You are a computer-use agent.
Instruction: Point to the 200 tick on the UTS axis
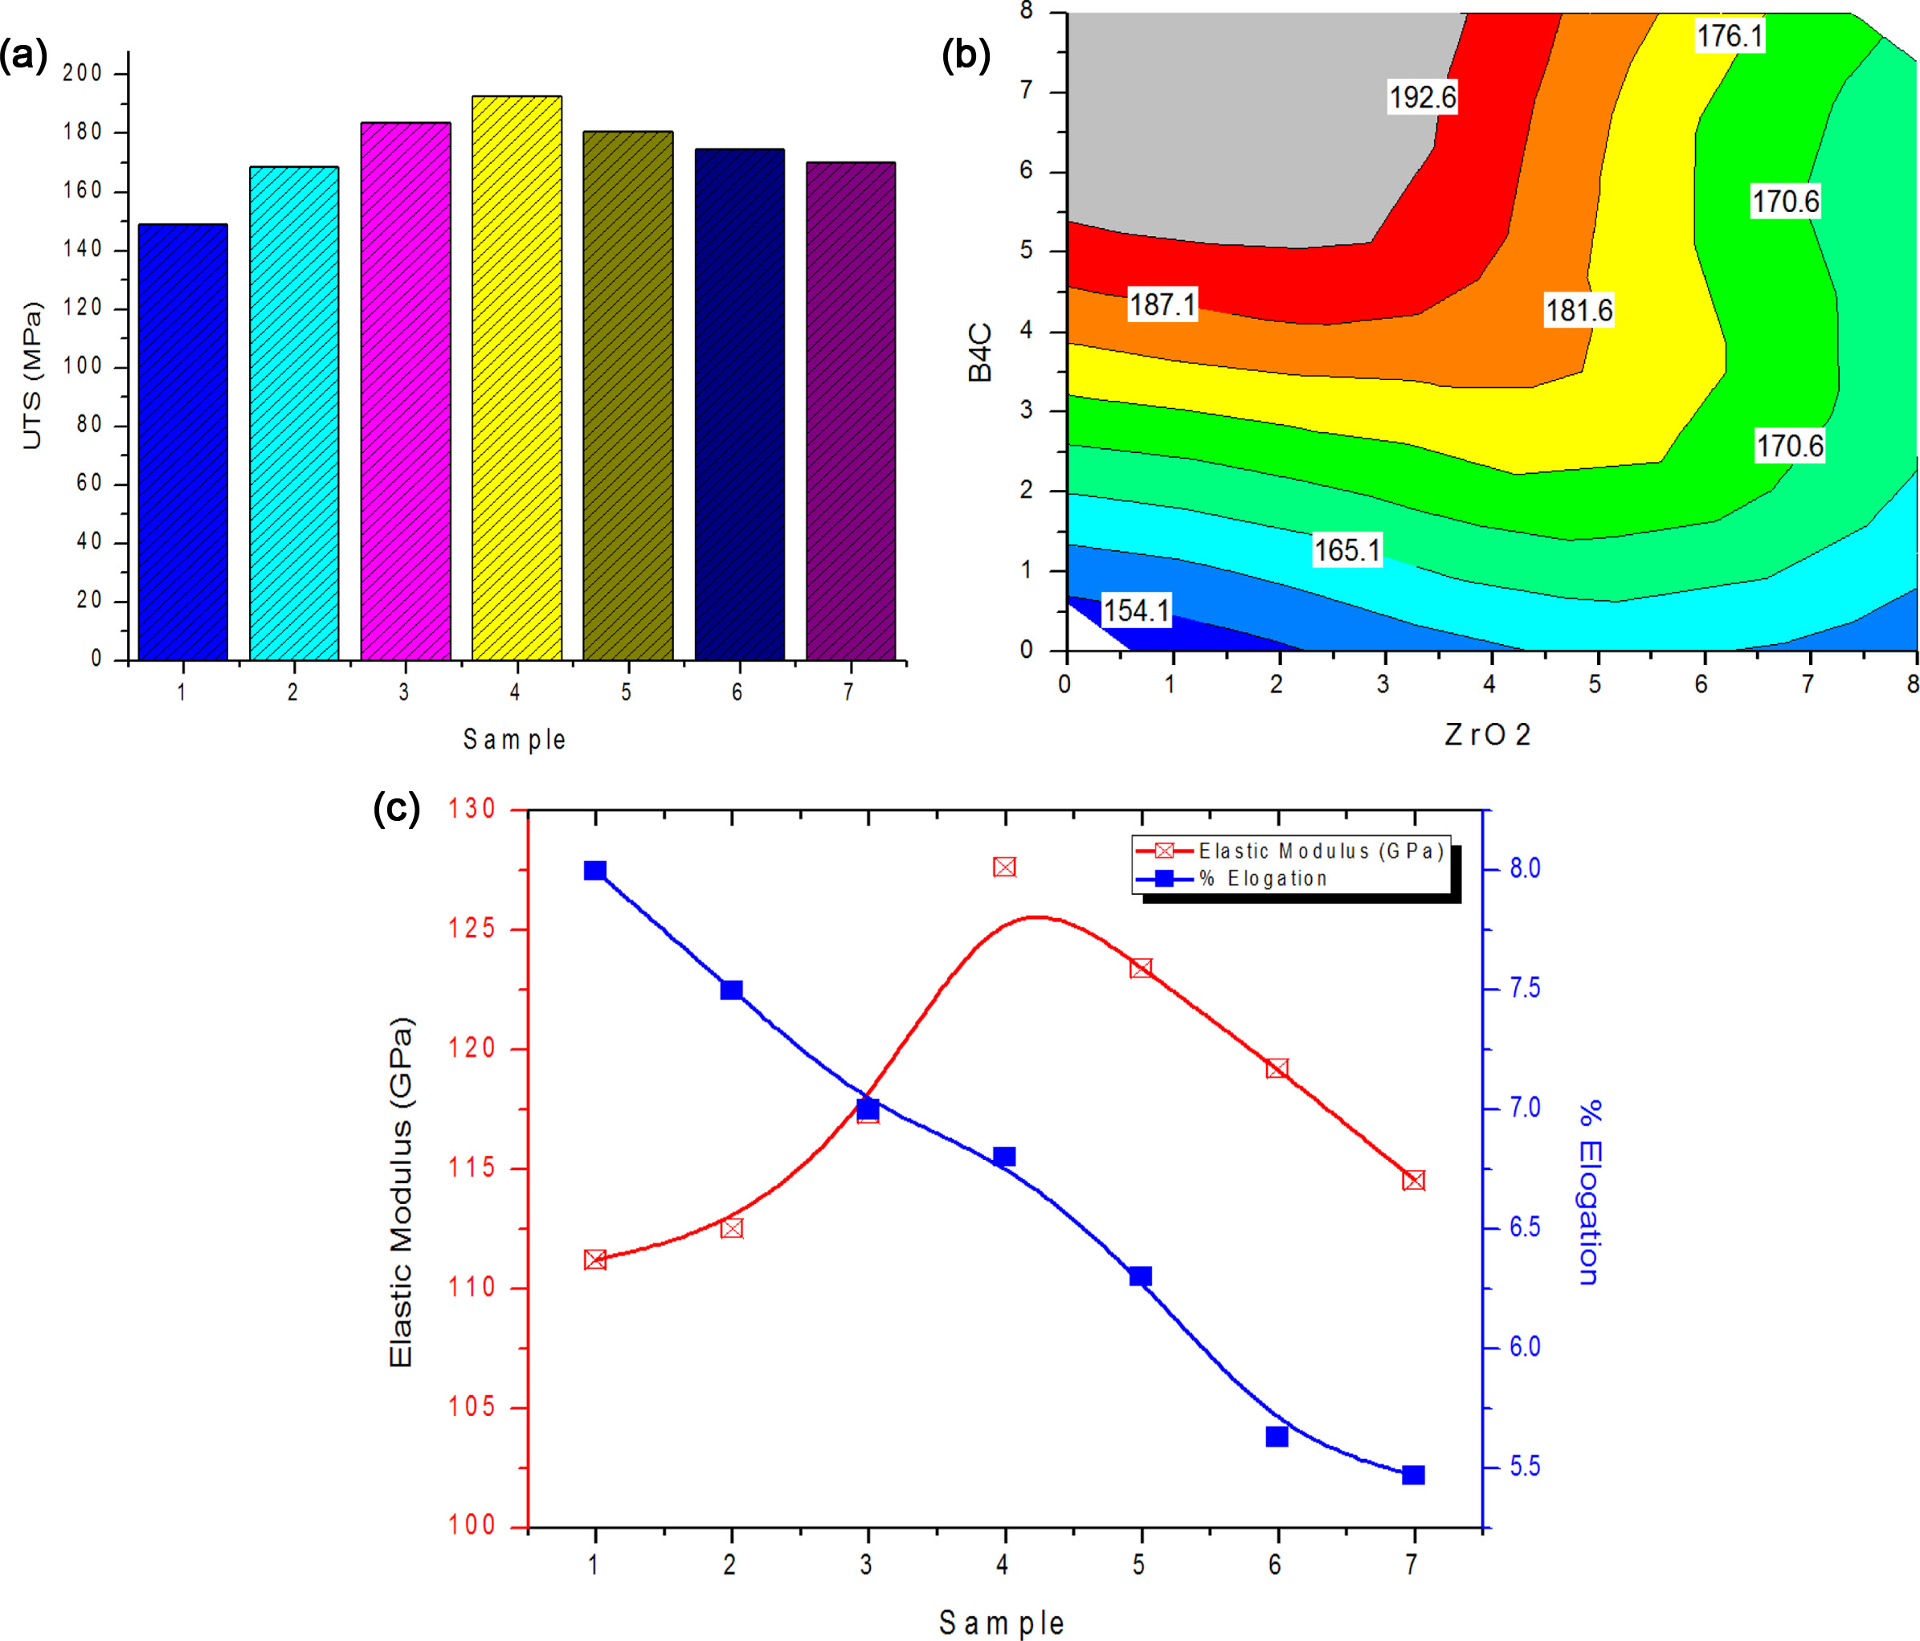83,73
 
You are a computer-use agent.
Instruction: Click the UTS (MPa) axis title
32,376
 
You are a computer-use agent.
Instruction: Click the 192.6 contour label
1421,97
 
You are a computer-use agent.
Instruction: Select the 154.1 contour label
1136,610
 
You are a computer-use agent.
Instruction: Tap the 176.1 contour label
1729,37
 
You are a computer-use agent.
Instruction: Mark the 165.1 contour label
1347,550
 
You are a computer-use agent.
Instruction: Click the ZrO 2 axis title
1486,735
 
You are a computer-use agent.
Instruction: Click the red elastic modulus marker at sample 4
1004,867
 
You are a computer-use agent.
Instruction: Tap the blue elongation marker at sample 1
595,871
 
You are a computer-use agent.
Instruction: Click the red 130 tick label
472,810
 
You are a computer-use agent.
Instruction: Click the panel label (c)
397,808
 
